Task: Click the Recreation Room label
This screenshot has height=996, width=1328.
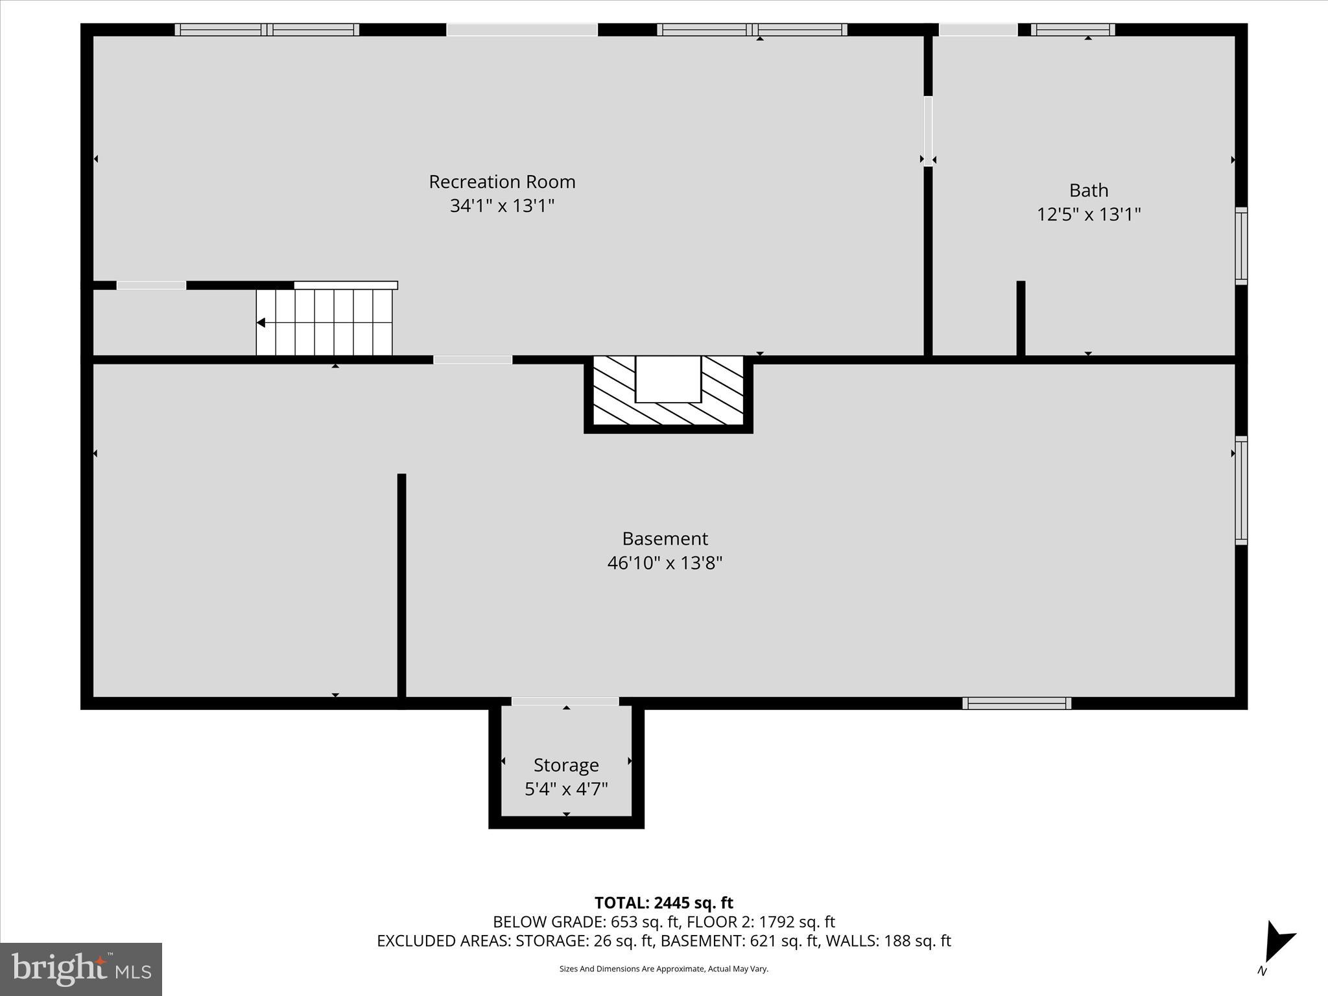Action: [x=502, y=182]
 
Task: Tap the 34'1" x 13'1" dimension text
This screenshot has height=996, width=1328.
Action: [x=502, y=206]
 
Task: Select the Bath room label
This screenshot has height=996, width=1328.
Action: [x=1088, y=191]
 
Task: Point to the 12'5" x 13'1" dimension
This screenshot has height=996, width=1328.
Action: [x=1088, y=215]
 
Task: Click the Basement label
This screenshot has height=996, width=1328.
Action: [x=665, y=539]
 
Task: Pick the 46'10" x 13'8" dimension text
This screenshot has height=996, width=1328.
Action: [x=665, y=563]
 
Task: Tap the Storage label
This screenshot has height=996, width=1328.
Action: [x=565, y=765]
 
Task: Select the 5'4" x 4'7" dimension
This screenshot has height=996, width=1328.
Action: [x=565, y=789]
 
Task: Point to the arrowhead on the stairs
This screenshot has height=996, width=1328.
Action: [x=261, y=322]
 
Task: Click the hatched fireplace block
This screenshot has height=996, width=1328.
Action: [x=668, y=392]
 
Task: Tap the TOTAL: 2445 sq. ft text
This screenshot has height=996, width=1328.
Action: [x=663, y=903]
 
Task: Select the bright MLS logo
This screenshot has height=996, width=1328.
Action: [x=81, y=969]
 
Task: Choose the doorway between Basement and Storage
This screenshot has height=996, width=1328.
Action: [x=565, y=702]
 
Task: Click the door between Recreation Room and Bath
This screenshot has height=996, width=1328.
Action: [x=928, y=131]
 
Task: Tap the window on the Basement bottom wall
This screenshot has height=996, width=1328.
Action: [x=1016, y=703]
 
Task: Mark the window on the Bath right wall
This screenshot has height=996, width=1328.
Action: [x=1240, y=246]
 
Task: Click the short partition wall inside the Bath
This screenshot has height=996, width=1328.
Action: [x=1021, y=318]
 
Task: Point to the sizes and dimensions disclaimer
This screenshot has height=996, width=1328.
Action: [x=663, y=969]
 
